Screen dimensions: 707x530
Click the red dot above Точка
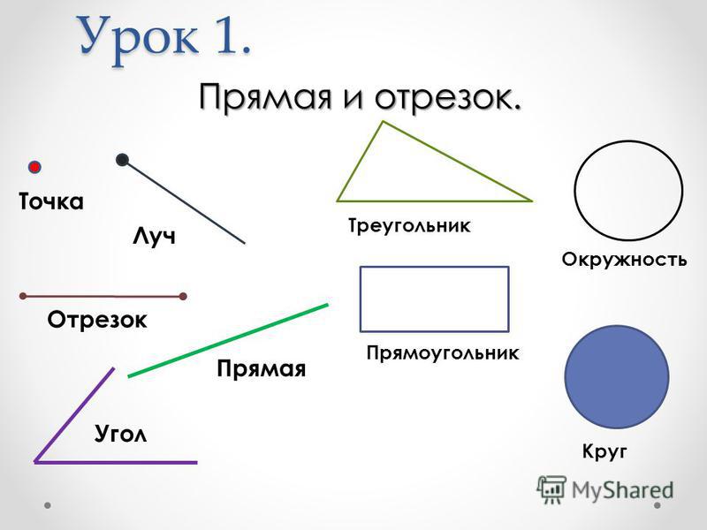34,167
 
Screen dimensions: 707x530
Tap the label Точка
51,201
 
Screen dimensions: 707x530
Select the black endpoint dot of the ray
122,160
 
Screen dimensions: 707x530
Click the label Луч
154,237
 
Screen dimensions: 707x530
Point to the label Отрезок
97,320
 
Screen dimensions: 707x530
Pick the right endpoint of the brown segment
183,296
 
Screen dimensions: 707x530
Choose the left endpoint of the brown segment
23,296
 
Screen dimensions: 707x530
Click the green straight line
228,340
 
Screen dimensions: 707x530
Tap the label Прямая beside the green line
261,369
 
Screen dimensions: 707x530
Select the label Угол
121,435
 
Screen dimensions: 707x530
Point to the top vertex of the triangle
384,121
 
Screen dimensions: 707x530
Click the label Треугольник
409,225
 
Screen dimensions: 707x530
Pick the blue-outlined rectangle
434,268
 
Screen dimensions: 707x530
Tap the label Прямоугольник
443,352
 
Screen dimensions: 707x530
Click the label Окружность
624,260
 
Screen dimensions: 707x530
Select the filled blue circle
617,377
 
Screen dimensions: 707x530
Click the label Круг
604,451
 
